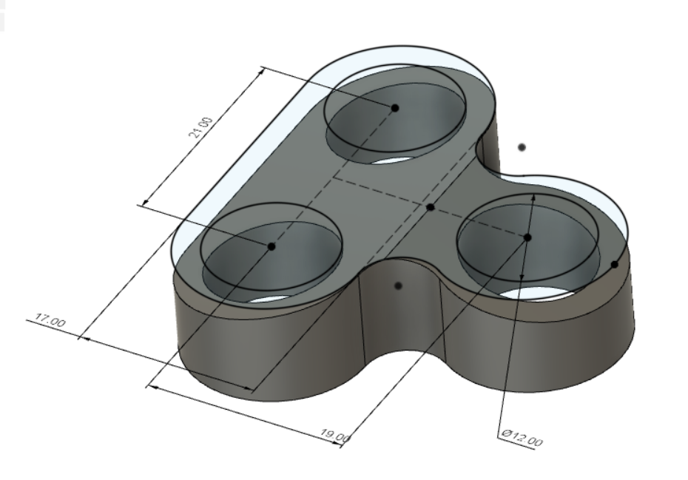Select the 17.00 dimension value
[46, 322]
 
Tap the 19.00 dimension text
[335, 436]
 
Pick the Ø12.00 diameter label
[522, 438]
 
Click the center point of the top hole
[395, 108]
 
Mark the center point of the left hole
[272, 246]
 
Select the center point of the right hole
[527, 237]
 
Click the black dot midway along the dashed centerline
[430, 207]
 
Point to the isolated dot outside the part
[522, 147]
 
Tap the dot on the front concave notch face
[398, 285]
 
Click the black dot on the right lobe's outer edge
[614, 264]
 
